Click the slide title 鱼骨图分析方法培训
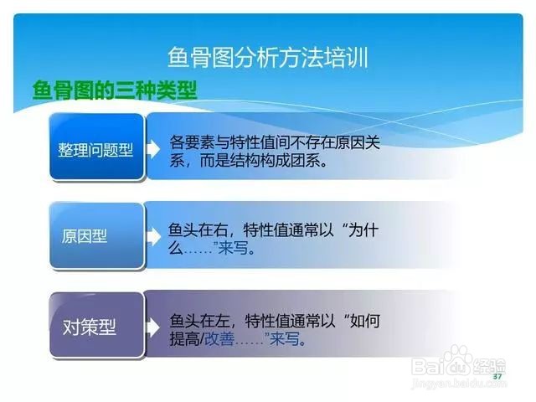268,57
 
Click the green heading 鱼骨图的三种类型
115,90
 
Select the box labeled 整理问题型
97,147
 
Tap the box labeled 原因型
97,235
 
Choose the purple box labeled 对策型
97,325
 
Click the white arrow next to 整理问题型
153,149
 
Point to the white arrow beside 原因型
153,237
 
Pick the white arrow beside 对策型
153,327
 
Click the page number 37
497,376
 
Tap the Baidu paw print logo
459,360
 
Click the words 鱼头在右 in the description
198,230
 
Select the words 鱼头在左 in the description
199,321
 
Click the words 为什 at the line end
363,230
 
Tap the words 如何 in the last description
365,321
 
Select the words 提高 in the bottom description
184,338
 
